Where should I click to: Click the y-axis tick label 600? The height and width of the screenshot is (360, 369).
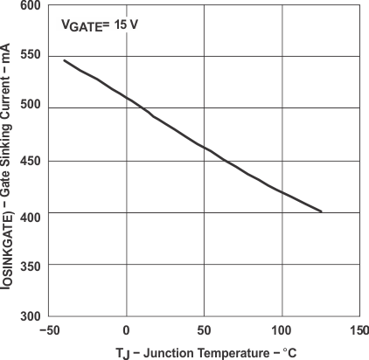(30, 6)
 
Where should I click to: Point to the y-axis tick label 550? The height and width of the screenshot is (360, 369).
(30, 57)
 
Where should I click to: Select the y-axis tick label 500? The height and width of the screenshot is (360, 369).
(30, 108)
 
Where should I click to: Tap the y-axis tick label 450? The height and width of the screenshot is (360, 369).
(30, 161)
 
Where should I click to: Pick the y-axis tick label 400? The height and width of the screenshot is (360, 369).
(30, 212)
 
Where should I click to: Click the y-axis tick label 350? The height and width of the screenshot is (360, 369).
(30, 264)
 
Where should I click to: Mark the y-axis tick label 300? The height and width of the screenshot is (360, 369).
(30, 315)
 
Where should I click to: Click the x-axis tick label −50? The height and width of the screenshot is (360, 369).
(49, 331)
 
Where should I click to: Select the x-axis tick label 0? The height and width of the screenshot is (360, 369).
(127, 331)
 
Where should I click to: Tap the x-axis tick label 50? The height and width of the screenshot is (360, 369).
(204, 331)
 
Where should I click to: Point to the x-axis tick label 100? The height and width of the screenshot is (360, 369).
(281, 331)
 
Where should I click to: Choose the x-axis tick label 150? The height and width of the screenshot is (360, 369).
(358, 331)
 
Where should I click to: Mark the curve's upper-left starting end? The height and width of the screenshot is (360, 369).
(65, 60)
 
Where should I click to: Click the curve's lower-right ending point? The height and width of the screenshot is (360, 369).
(322, 211)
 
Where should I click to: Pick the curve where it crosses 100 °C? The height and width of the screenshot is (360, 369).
(281, 190)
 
